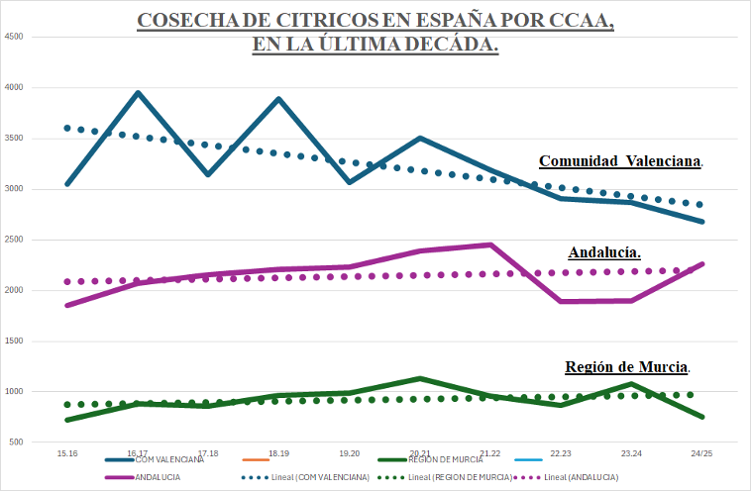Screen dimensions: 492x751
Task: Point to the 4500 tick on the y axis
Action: tap(14, 37)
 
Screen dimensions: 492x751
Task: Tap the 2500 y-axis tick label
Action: tap(14, 240)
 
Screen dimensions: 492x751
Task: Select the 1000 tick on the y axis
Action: tap(14, 391)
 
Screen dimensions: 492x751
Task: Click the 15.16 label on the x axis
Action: tap(67, 452)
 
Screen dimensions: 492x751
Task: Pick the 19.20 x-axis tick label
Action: tap(349, 452)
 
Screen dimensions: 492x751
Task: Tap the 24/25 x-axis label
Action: tap(701, 452)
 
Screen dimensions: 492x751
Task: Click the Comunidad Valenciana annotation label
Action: tap(621, 160)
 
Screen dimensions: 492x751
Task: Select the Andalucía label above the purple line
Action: tap(604, 251)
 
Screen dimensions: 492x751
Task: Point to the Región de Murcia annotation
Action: tap(627, 366)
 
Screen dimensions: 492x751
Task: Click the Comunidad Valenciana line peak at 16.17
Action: tap(138, 93)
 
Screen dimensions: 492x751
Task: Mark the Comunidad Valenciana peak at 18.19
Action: tap(278, 99)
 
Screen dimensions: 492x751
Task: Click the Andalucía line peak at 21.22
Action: tap(490, 245)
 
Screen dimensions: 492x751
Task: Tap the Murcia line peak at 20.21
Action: tap(420, 378)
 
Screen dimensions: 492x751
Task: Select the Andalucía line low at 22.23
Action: tap(561, 301)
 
